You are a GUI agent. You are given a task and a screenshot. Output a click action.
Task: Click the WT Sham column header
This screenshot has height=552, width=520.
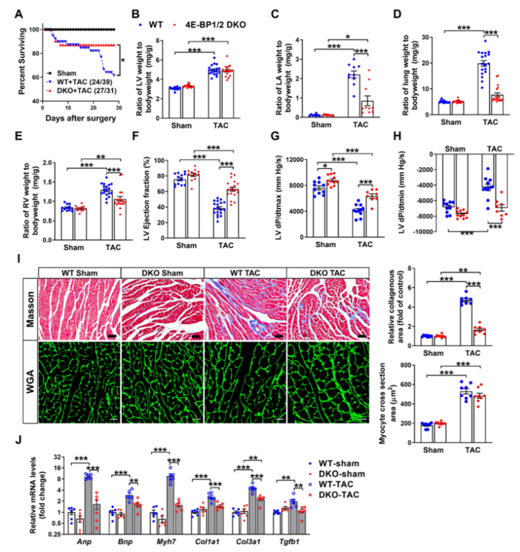79,271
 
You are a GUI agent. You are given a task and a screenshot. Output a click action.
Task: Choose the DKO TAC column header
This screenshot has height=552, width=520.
327,271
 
